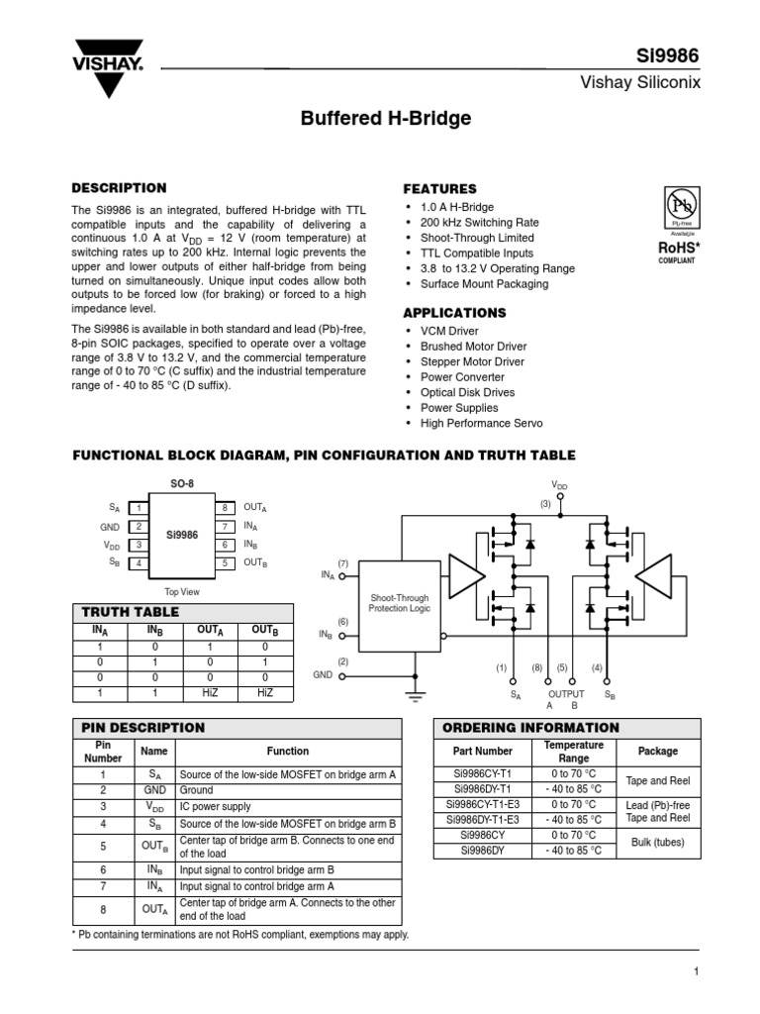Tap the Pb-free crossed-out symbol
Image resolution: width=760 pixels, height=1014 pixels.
click(681, 207)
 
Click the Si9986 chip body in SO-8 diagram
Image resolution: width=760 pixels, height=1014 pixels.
click(183, 535)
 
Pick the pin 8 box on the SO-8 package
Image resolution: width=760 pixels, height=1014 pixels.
click(226, 507)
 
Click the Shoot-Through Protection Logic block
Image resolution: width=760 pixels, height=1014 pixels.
click(400, 604)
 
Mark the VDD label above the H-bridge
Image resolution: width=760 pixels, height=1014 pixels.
click(560, 485)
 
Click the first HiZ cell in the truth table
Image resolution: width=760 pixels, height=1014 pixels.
click(210, 693)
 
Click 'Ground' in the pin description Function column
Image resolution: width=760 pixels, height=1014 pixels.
click(196, 791)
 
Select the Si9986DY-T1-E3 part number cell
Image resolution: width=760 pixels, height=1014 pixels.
click(483, 820)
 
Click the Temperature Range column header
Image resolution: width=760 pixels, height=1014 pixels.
click(574, 751)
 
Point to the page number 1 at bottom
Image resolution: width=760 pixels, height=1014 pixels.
click(697, 972)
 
